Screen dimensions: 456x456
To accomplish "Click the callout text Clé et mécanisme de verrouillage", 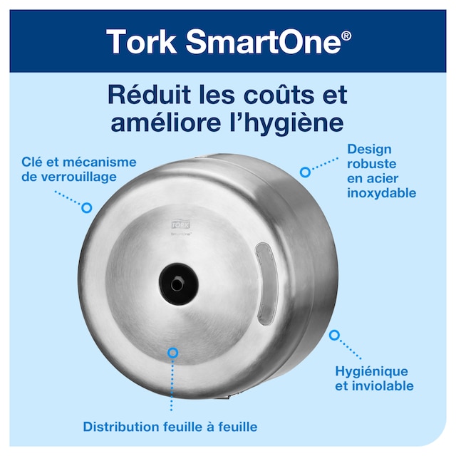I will point(79,169).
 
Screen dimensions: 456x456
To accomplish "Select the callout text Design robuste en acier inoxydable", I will point(381,171).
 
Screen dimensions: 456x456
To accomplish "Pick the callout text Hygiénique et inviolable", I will point(373,378).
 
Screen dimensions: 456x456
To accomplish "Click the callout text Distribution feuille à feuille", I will point(170,427).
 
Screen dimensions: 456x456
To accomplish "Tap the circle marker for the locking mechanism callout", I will point(87,208).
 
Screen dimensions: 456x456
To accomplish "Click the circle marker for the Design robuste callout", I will point(305,172).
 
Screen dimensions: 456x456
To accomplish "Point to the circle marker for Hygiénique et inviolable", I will point(334,334).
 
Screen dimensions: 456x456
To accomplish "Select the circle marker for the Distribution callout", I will point(172,352).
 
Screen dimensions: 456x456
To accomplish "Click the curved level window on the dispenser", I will point(266,283).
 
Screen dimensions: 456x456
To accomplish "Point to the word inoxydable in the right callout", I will point(381,193).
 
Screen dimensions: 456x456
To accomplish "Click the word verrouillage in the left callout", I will point(79,176).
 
